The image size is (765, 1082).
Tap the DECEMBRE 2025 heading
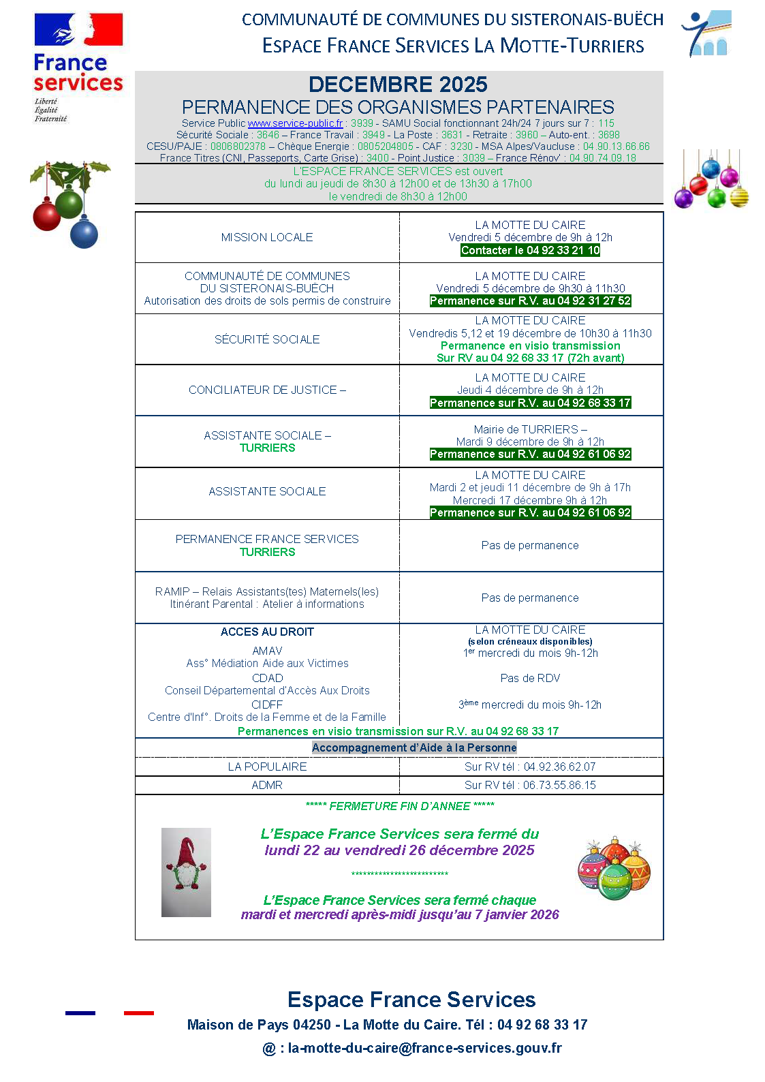click(x=398, y=84)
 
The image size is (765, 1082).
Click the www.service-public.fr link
click(x=295, y=123)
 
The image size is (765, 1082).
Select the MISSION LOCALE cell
click(x=267, y=237)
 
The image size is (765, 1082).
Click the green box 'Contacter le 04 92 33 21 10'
click(x=530, y=250)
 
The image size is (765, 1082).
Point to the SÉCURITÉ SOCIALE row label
click(x=267, y=339)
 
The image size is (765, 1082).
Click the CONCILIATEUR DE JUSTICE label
click(x=267, y=390)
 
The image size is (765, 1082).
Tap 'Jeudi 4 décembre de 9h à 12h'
click(x=530, y=390)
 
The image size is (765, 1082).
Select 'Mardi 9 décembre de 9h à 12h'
click(x=530, y=442)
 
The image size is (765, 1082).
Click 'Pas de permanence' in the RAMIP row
click(x=530, y=598)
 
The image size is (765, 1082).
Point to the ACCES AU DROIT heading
click(x=267, y=632)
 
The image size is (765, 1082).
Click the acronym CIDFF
click(x=267, y=705)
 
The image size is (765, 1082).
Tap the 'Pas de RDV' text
click(x=530, y=678)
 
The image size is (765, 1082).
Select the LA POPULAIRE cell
click(x=267, y=767)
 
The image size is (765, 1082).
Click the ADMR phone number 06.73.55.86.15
click(x=559, y=785)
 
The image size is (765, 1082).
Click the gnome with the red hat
click(x=186, y=872)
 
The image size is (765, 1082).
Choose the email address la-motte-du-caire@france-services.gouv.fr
click(x=424, y=1048)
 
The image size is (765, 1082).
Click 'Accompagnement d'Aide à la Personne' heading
click(x=414, y=747)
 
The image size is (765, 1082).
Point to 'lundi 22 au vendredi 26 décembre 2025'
click(x=399, y=850)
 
